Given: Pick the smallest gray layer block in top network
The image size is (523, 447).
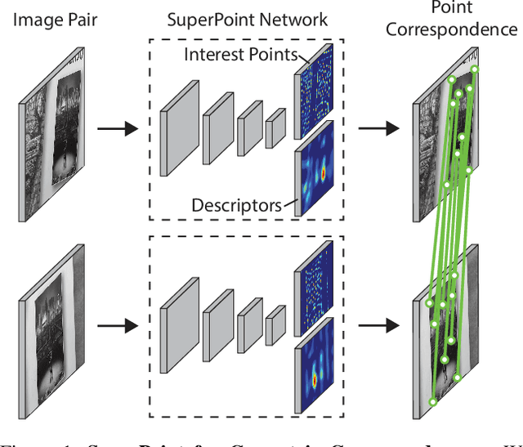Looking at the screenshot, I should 275,129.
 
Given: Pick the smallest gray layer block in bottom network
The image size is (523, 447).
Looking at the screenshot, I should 275,325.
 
